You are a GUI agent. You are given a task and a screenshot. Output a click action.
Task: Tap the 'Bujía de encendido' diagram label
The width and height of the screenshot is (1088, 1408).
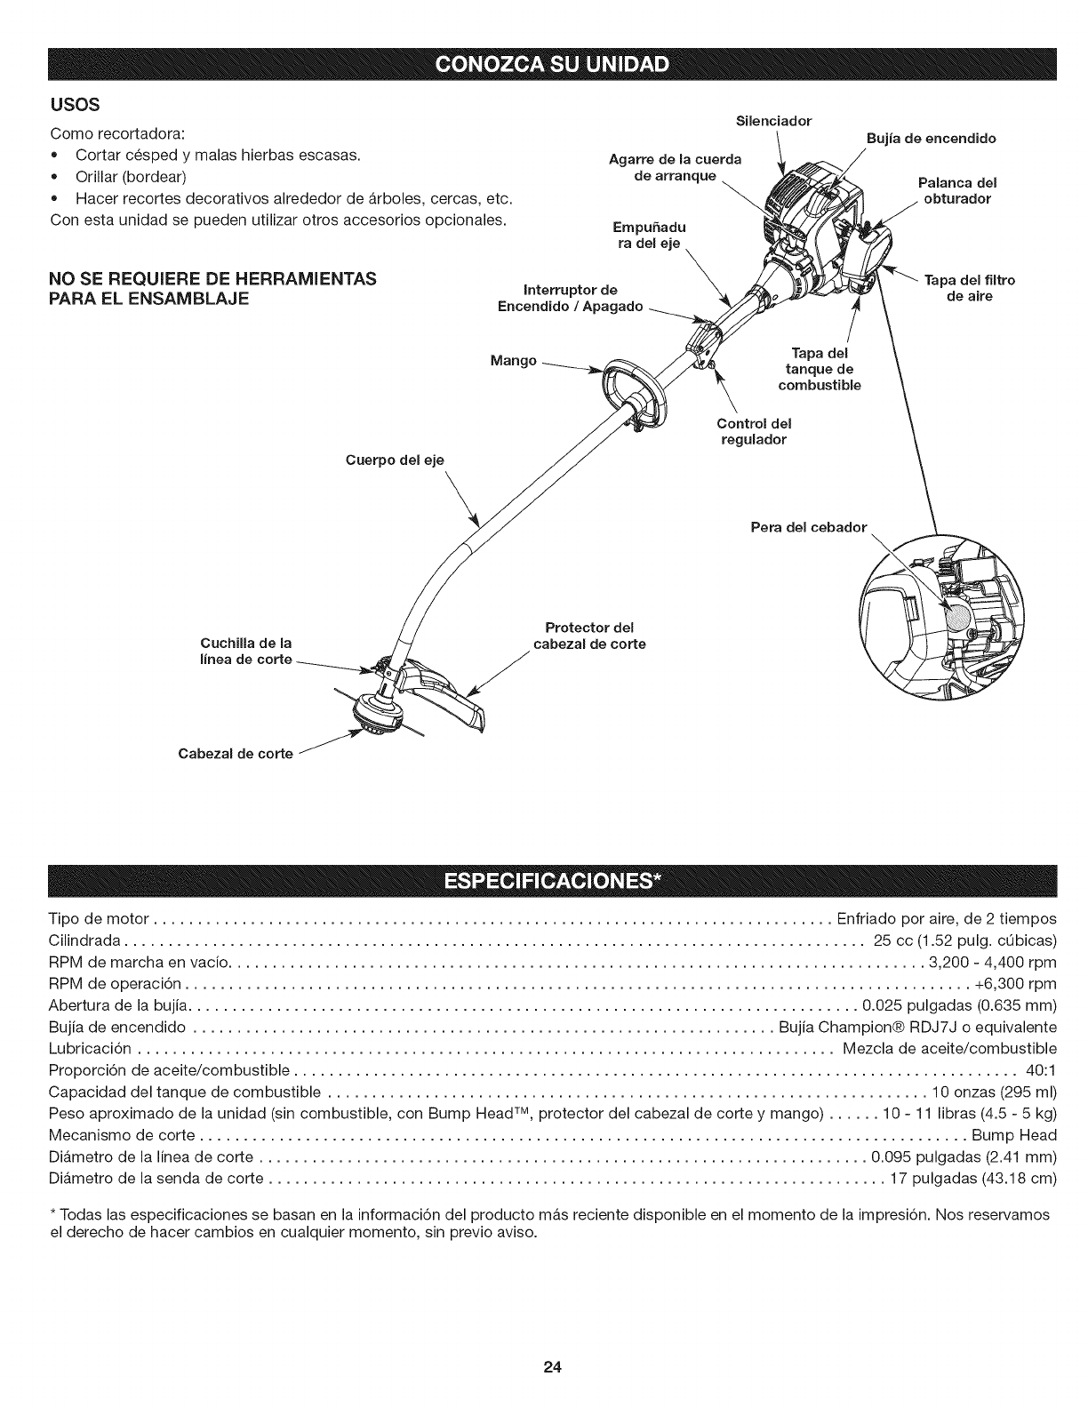931,138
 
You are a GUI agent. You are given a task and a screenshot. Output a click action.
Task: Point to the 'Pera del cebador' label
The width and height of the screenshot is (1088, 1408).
808,527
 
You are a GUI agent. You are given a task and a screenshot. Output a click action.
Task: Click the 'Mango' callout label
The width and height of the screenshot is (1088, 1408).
513,361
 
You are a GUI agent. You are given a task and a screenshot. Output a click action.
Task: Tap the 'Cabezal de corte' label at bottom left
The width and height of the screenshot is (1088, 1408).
236,754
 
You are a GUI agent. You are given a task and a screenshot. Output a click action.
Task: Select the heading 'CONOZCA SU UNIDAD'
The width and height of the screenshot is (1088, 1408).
543,67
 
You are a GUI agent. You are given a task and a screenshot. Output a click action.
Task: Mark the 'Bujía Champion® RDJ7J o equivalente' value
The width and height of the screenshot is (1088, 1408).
917,1027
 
